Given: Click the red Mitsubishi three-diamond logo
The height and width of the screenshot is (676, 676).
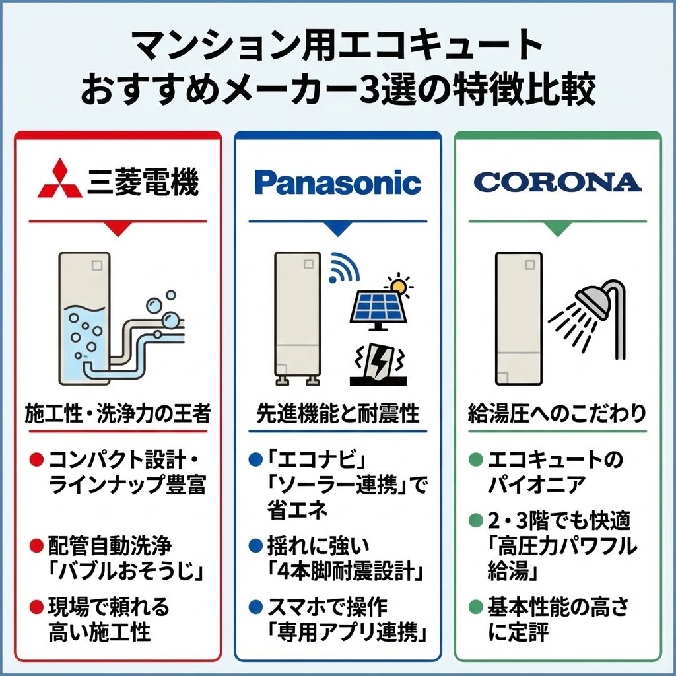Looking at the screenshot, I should click(60, 179).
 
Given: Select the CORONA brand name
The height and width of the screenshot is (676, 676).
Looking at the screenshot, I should click(557, 182).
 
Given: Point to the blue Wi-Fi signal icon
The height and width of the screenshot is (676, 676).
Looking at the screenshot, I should click(345, 265).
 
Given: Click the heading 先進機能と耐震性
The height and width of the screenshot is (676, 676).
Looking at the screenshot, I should click(337, 414).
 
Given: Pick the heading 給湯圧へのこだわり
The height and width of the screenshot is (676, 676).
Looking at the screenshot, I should click(557, 414).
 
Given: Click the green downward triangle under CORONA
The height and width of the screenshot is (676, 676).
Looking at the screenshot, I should click(557, 228).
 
